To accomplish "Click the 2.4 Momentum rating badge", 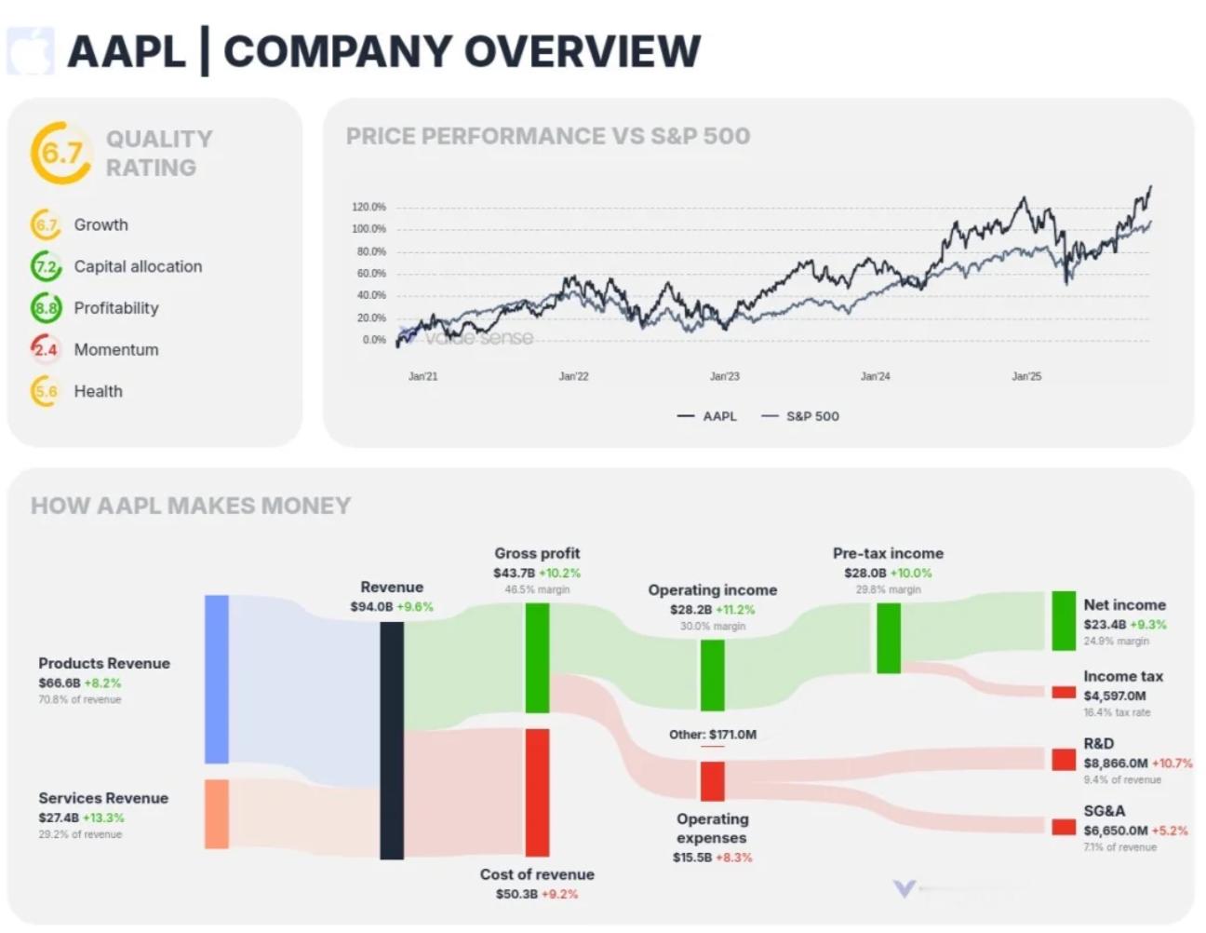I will point(46,349).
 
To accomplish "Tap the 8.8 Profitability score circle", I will point(46,307).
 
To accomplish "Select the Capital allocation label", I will point(138,266).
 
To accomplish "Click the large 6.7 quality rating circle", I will point(61,153).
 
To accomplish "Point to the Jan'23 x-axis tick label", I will point(724,376).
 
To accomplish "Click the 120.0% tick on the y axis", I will point(368,207).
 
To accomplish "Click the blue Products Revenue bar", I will point(217,679).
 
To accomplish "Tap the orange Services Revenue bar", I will point(217,814).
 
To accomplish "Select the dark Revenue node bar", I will point(392,740).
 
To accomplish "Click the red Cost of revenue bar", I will point(537,792).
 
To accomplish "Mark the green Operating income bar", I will point(712,674).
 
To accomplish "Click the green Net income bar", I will point(1064,620).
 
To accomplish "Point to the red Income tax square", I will point(1064,693).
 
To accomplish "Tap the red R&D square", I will point(1064,760).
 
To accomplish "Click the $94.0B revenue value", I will point(371,607).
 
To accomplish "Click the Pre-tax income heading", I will point(888,553).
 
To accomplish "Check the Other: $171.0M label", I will point(713,735).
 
